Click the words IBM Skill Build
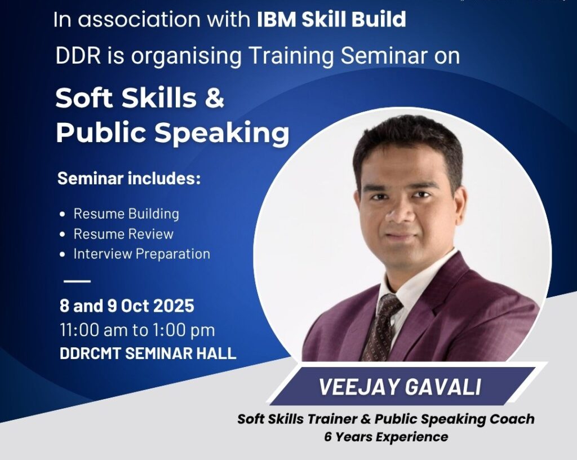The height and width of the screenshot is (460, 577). pyautogui.click(x=331, y=20)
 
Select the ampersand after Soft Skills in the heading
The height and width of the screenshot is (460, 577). pyautogui.click(x=214, y=99)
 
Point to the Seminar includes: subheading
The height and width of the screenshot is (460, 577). pyautogui.click(x=129, y=179)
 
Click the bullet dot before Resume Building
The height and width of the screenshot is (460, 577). pyautogui.click(x=63, y=214)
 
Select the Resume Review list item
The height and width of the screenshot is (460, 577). pyautogui.click(x=123, y=234)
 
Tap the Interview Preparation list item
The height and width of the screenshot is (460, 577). pyautogui.click(x=141, y=254)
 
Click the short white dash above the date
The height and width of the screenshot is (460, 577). pyautogui.click(x=77, y=280)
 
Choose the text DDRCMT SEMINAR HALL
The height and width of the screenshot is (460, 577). pyautogui.click(x=148, y=354)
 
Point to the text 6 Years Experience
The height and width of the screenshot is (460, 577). pyautogui.click(x=386, y=436)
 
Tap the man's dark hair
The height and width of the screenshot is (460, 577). pyautogui.click(x=406, y=141)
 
